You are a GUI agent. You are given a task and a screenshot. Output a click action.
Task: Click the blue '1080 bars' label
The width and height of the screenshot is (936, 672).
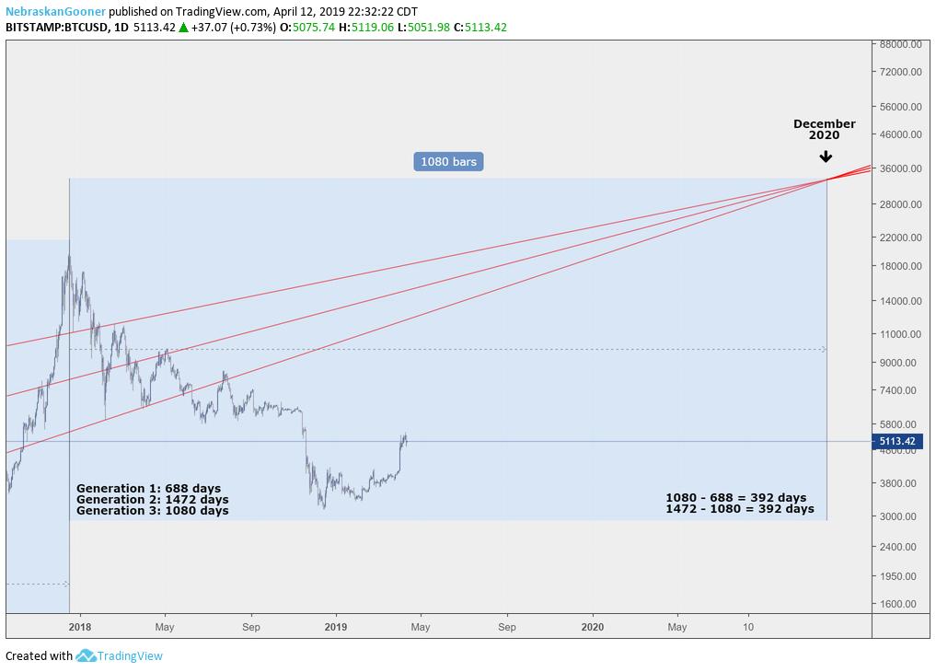[448, 161]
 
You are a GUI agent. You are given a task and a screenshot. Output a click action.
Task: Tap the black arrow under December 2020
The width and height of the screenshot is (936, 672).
[826, 156]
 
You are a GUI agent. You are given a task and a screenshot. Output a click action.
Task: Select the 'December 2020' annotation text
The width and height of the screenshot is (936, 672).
[825, 129]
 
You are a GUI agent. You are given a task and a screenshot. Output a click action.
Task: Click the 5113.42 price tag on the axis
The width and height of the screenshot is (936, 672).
[896, 441]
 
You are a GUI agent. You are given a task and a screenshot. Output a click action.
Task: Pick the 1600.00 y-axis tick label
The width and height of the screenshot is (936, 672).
[898, 604]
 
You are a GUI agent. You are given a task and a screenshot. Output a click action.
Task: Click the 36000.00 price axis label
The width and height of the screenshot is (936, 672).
[898, 168]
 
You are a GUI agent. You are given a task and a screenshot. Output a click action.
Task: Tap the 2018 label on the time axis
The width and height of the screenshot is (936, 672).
[79, 627]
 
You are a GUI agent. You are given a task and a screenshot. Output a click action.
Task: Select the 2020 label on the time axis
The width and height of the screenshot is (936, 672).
[593, 627]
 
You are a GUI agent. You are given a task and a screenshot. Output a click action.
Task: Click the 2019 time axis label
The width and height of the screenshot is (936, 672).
[336, 627]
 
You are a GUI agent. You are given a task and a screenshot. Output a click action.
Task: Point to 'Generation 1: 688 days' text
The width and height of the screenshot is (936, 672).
[148, 489]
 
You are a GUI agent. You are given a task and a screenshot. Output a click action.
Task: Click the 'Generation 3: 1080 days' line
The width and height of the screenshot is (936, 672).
[153, 510]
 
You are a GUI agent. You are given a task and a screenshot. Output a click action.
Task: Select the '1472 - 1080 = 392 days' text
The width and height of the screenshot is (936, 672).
[740, 509]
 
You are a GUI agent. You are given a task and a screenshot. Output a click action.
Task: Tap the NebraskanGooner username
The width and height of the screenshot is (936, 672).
[55, 12]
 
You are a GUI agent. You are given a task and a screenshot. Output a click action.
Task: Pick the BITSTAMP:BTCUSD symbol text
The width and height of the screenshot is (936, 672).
[53, 28]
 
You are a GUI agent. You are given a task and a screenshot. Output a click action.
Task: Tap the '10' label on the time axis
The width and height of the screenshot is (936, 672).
[747, 627]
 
